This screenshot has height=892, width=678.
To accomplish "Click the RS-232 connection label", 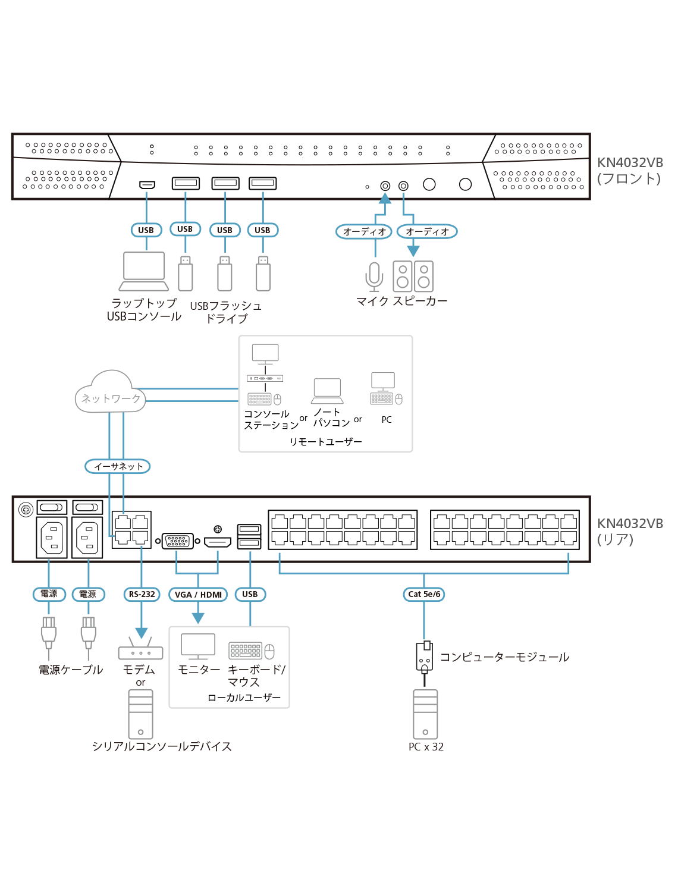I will tap(142, 594).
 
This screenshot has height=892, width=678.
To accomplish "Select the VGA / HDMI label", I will tap(198, 595).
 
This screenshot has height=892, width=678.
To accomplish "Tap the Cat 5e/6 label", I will tap(424, 594).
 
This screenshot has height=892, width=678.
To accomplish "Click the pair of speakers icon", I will tap(413, 276).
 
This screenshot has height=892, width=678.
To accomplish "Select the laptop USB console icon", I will tap(144, 271).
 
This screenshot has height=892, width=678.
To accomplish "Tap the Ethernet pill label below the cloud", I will tap(117, 467).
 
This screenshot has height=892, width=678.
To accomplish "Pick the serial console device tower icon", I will tap(140, 714).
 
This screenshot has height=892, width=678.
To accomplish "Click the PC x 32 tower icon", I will tap(425, 714).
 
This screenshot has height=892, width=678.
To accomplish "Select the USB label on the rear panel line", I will tap(250, 594).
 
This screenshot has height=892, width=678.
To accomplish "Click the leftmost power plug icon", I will tap(49, 633).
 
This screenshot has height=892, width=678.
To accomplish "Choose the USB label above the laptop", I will tap(146, 230).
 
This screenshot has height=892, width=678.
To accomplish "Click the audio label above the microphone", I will tap(364, 231).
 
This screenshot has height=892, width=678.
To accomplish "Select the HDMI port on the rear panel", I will tap(218, 542).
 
